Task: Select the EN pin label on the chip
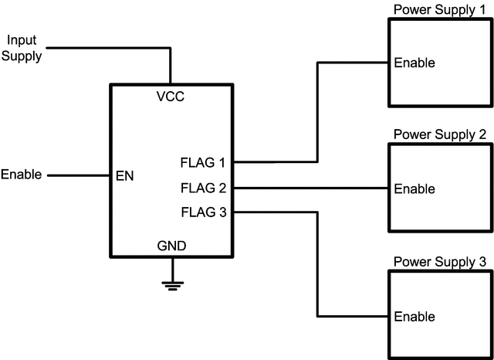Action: (124, 176)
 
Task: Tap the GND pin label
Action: (171, 246)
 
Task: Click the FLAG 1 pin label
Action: (202, 162)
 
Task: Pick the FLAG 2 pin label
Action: (202, 188)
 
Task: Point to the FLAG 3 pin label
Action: (202, 212)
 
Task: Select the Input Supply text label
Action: (22, 47)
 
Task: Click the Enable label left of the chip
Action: (22, 175)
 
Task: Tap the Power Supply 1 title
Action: (439, 9)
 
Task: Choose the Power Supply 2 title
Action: (439, 134)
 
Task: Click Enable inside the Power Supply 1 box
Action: (414, 63)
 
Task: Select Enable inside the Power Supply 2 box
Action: (414, 189)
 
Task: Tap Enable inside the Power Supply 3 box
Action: (414, 317)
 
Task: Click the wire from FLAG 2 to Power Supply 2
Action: (309, 188)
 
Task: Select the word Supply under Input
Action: (22, 56)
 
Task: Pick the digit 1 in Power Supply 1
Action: (482, 9)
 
